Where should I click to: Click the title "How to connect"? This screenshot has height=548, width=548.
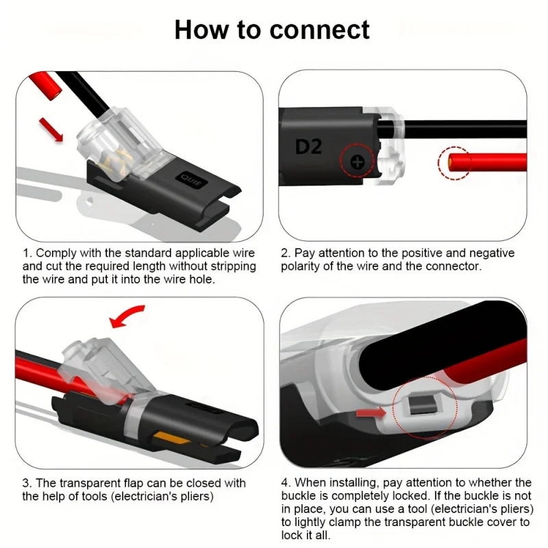point(272,30)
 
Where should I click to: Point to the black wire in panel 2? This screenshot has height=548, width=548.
point(466,128)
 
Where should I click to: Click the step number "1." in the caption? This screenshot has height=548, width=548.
point(27,253)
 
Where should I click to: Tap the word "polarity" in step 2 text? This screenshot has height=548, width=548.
point(301,266)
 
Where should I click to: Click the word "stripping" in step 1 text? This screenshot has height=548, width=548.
point(232,266)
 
